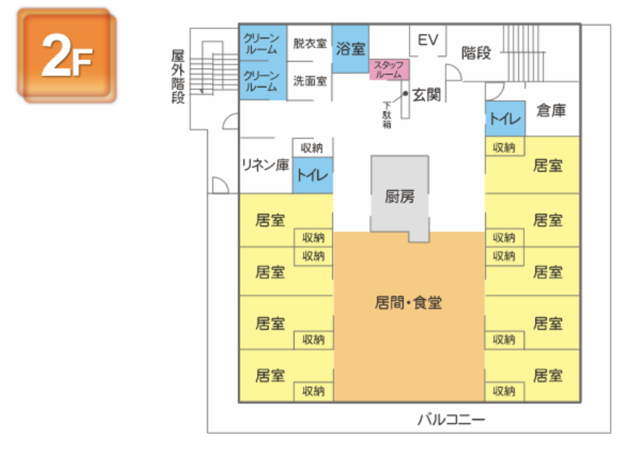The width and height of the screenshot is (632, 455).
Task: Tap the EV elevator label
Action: (x=428, y=40)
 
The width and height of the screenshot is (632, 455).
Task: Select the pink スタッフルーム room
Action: (x=389, y=70)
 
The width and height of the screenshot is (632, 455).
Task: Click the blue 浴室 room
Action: (x=351, y=49)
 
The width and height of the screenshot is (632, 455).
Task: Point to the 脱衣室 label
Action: (x=310, y=43)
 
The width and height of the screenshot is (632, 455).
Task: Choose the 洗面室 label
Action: (x=310, y=81)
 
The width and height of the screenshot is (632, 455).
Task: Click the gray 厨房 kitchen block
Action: (x=400, y=197)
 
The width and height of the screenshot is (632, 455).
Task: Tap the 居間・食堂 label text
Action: (x=408, y=303)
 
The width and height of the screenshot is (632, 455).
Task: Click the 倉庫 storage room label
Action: (x=551, y=111)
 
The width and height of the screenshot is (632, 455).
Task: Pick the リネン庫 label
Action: (x=265, y=165)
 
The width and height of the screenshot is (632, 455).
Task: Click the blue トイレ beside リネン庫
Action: (x=312, y=175)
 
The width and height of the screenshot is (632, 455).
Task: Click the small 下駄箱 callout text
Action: (x=387, y=115)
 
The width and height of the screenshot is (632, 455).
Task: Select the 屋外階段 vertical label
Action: (x=178, y=77)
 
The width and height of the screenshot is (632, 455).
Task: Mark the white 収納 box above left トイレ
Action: (x=312, y=147)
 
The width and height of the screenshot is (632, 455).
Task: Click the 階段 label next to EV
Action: (x=476, y=53)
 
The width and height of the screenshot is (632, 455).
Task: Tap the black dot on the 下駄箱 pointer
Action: (x=405, y=93)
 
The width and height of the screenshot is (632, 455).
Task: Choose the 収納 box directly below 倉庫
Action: (x=504, y=146)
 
